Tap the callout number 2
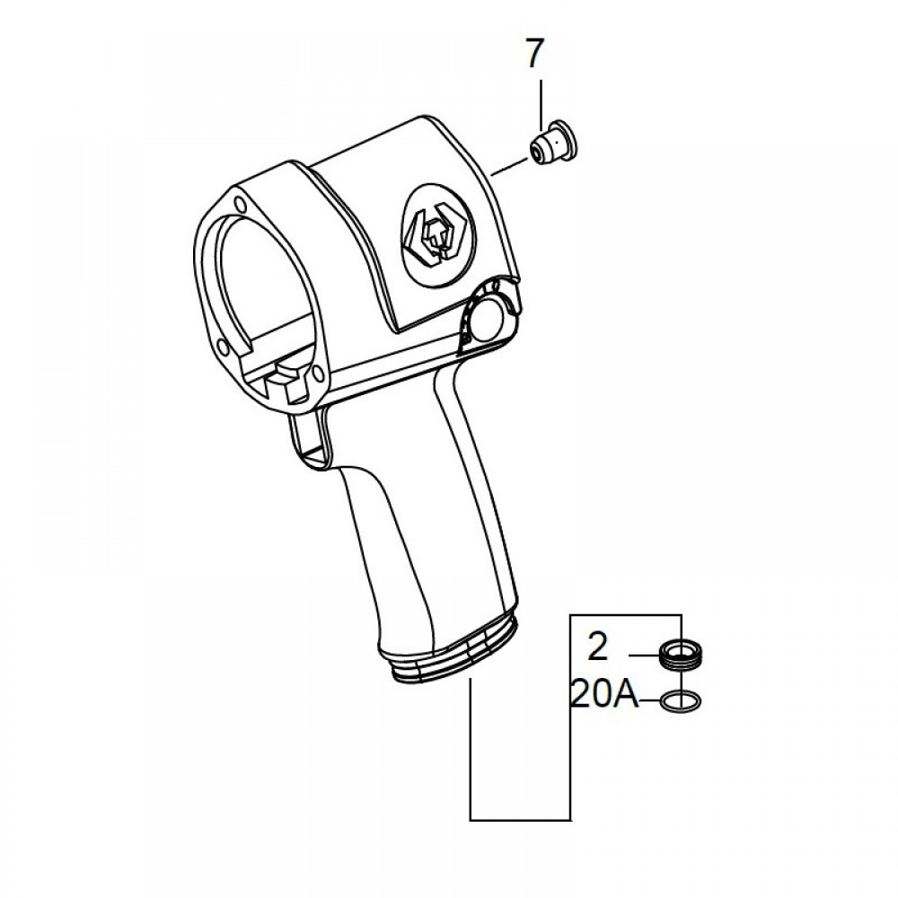(x=597, y=647)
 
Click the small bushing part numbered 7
(x=553, y=143)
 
